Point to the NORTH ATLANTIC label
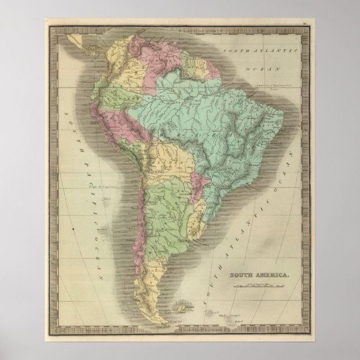pos(258,51)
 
